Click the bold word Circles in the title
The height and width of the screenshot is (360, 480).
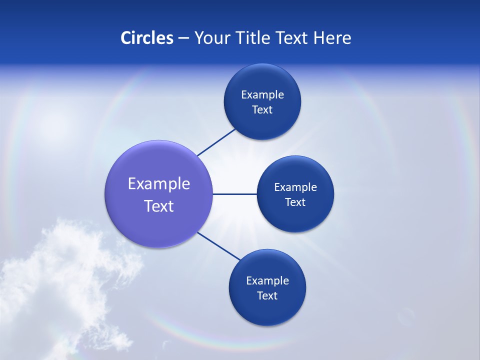point(147,38)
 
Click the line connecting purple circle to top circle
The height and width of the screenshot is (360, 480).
point(216,142)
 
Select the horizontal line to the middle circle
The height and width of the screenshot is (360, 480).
point(234,194)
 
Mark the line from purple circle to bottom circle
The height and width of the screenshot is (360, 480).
point(219,246)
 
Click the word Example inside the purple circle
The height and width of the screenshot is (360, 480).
point(159,183)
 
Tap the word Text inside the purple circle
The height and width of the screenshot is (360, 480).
point(159,206)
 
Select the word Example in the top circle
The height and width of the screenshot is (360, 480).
point(262,94)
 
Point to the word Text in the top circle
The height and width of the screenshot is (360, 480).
point(262,109)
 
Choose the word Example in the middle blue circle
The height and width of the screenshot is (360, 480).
point(295,187)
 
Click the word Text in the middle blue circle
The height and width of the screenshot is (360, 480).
point(295,202)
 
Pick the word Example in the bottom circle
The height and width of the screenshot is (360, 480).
point(267,280)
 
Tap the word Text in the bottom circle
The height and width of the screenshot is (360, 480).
point(267,295)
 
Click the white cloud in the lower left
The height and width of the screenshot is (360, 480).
point(55,280)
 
